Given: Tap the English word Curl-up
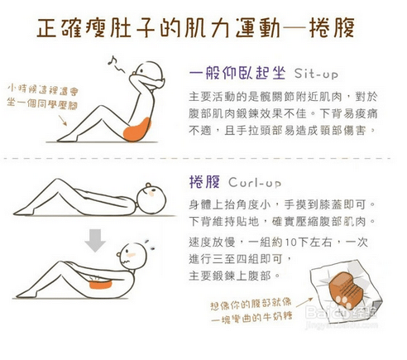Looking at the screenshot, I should click(256, 181).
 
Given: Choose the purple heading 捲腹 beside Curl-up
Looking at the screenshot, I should click(203, 181).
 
